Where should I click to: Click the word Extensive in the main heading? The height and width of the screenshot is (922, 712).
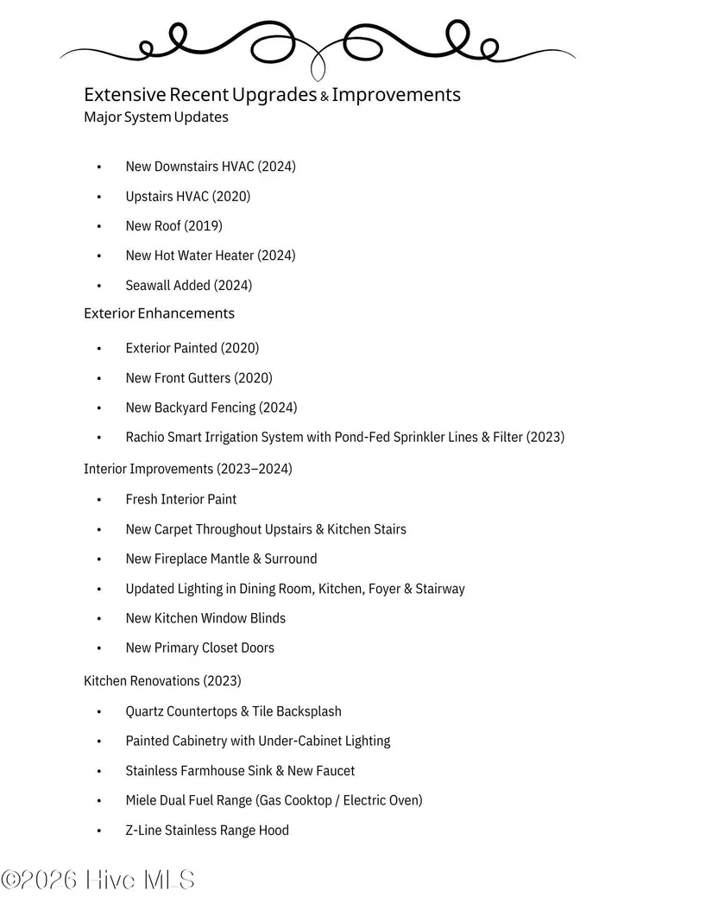[124, 94]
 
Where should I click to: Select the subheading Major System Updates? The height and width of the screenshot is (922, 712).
[156, 117]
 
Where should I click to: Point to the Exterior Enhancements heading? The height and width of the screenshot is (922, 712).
[159, 313]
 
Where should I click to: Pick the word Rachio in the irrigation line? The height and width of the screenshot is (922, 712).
[146, 437]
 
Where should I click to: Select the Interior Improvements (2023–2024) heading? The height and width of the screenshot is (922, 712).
[188, 469]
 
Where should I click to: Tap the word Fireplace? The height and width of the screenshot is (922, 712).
[180, 559]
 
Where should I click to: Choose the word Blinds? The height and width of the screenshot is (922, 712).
[268, 618]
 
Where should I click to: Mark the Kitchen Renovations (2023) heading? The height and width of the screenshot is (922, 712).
[162, 680]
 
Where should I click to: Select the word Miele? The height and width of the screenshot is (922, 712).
[142, 800]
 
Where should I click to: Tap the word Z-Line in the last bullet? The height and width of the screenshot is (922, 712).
[143, 830]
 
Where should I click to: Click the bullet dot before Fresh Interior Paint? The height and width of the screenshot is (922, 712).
[99, 500]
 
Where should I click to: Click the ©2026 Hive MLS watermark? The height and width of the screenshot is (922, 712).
[98, 880]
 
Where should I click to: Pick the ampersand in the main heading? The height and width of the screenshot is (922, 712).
[324, 97]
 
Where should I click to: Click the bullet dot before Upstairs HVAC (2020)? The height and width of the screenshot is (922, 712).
[99, 197]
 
